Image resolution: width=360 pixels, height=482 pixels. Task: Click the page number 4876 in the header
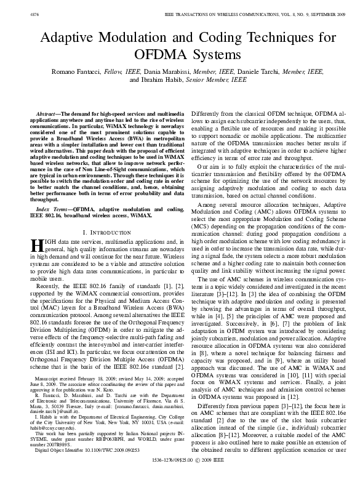point(19,6)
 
